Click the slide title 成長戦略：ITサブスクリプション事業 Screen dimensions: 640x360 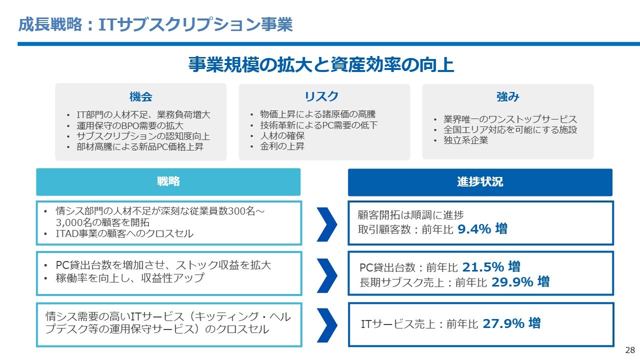[155, 24]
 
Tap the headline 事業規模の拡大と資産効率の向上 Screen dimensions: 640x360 [321, 64]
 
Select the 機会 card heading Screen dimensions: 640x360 [141, 96]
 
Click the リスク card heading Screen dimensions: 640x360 [321, 96]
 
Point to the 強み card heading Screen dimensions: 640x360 [507, 96]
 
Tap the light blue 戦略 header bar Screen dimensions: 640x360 [168, 182]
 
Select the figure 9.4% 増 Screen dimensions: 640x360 [482, 229]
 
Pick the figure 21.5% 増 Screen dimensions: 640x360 [491, 267]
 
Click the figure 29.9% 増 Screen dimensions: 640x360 [520, 281]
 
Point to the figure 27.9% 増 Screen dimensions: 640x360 [511, 323]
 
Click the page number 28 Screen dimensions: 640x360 [630, 350]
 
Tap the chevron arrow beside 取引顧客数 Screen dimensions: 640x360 [327, 224]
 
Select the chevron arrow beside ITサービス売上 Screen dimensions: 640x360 [327, 325]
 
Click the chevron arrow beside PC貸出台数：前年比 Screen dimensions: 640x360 [327, 275]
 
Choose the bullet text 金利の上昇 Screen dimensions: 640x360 [282, 146]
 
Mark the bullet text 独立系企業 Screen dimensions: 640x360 [465, 140]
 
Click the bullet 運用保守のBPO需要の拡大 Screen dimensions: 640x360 [130, 125]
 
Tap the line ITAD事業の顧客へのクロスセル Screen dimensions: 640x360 [124, 233]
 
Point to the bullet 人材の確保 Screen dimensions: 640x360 [282, 135]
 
